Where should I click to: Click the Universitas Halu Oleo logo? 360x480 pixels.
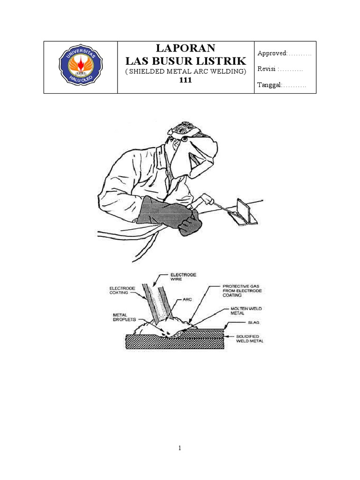pyautogui.click(x=80, y=67)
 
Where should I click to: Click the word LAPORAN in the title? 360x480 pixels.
pyautogui.click(x=186, y=48)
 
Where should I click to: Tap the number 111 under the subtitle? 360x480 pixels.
pyautogui.click(x=186, y=80)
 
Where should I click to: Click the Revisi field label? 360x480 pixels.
pyautogui.click(x=267, y=69)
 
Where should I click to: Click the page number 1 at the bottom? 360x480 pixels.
pyautogui.click(x=180, y=448)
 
